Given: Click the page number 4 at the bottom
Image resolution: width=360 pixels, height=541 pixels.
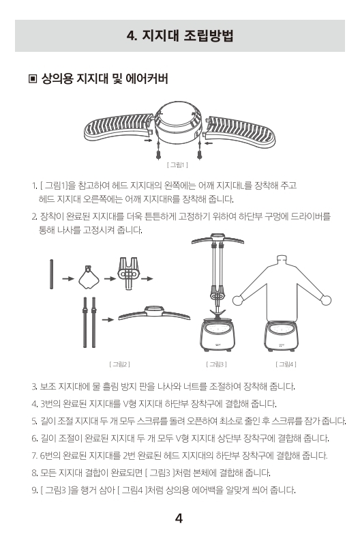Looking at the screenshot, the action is click(179, 518).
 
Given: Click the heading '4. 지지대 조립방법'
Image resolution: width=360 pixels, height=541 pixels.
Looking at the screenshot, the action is click(180, 35).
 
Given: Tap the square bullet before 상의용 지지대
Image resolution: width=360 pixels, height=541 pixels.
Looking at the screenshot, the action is click(33, 79).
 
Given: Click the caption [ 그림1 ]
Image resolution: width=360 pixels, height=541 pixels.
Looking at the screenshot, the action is click(177, 165).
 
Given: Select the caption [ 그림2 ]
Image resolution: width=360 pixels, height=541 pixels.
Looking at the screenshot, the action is click(119, 364).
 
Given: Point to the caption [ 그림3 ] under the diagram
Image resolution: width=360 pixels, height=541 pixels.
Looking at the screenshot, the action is click(216, 364).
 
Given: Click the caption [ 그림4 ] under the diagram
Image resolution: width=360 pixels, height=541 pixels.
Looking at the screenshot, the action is click(286, 364).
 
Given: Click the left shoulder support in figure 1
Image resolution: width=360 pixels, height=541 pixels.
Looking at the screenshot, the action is click(118, 127).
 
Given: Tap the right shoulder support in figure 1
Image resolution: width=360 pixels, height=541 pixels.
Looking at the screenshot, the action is click(241, 131).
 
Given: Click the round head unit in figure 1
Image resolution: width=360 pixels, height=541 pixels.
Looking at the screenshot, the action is click(178, 122).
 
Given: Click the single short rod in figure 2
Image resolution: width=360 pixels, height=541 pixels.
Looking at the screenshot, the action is click(51, 274).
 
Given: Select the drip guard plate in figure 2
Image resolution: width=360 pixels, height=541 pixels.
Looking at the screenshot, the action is click(89, 278).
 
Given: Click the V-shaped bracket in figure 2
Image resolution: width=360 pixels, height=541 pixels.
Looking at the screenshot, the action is click(129, 274).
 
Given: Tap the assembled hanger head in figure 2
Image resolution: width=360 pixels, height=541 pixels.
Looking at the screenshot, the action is click(154, 312).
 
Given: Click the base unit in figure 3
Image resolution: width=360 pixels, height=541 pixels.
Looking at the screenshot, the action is click(217, 334).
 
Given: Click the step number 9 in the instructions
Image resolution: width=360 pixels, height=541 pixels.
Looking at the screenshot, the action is click(34, 490).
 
